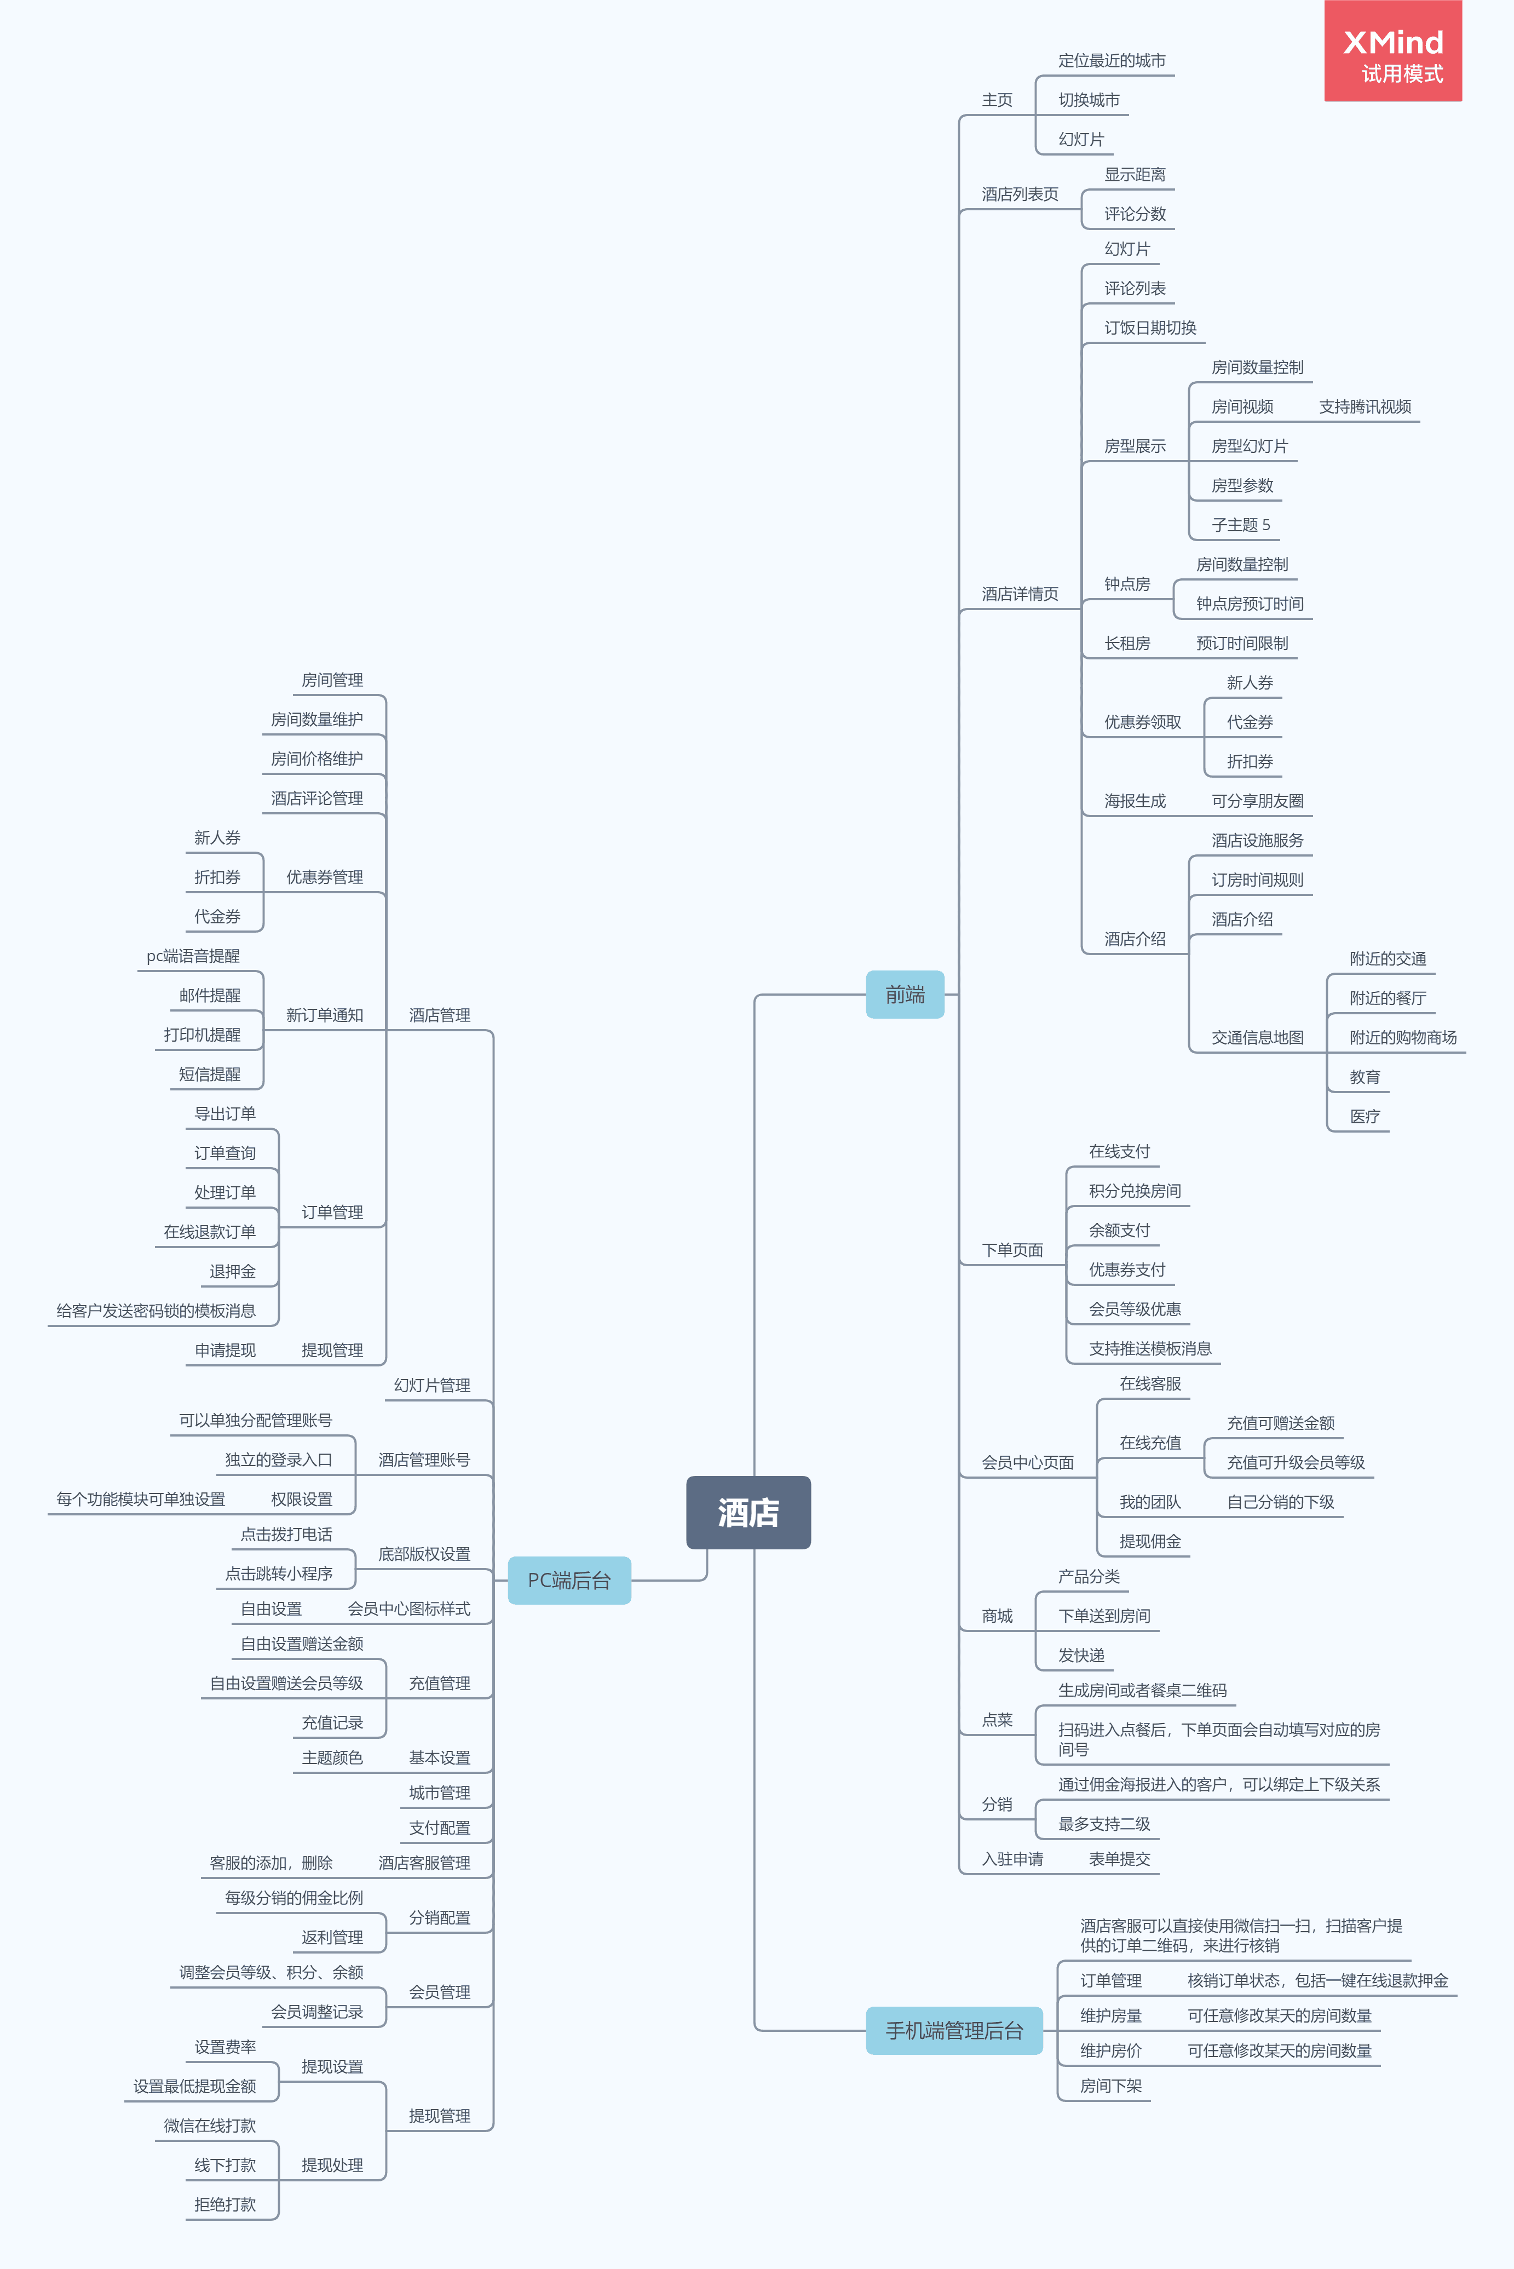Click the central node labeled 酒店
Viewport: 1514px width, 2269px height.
(749, 1512)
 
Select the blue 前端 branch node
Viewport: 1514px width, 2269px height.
(905, 995)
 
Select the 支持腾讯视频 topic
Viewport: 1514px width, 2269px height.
(1365, 406)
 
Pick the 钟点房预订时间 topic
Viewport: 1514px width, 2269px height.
(1250, 604)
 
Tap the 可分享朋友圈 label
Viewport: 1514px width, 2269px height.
(1257, 801)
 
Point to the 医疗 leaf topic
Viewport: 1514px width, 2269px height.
(1365, 1116)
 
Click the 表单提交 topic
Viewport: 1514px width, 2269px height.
(1119, 1859)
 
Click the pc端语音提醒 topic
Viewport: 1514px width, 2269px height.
(193, 956)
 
